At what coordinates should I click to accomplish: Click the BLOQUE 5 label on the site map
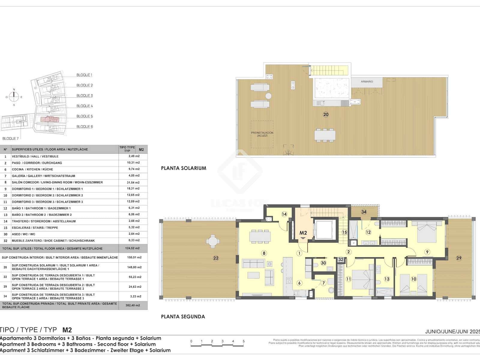[x=85, y=116]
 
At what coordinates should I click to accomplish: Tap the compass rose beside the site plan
[x=14, y=97]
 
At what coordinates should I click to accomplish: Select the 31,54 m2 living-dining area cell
[x=133, y=182]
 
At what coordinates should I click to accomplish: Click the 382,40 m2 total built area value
[x=133, y=305]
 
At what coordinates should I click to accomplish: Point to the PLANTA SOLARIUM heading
[x=184, y=168]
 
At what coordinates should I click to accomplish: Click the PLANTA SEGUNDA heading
[x=183, y=316]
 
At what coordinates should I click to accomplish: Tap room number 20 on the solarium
[x=325, y=114]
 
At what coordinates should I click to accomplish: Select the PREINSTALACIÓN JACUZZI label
[x=262, y=134]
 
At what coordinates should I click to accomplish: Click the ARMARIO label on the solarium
[x=367, y=82]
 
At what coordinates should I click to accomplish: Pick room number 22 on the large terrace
[x=216, y=258]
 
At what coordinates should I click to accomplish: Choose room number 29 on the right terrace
[x=459, y=258]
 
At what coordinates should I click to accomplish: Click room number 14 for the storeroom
[x=284, y=214]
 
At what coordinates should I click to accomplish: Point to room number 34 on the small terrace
[x=364, y=212]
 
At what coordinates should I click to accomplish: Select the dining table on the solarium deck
[x=325, y=135]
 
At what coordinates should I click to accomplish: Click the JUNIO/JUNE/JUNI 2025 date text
[x=452, y=331]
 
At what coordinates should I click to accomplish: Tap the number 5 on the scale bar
[x=244, y=341]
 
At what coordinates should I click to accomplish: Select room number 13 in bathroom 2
[x=387, y=279]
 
